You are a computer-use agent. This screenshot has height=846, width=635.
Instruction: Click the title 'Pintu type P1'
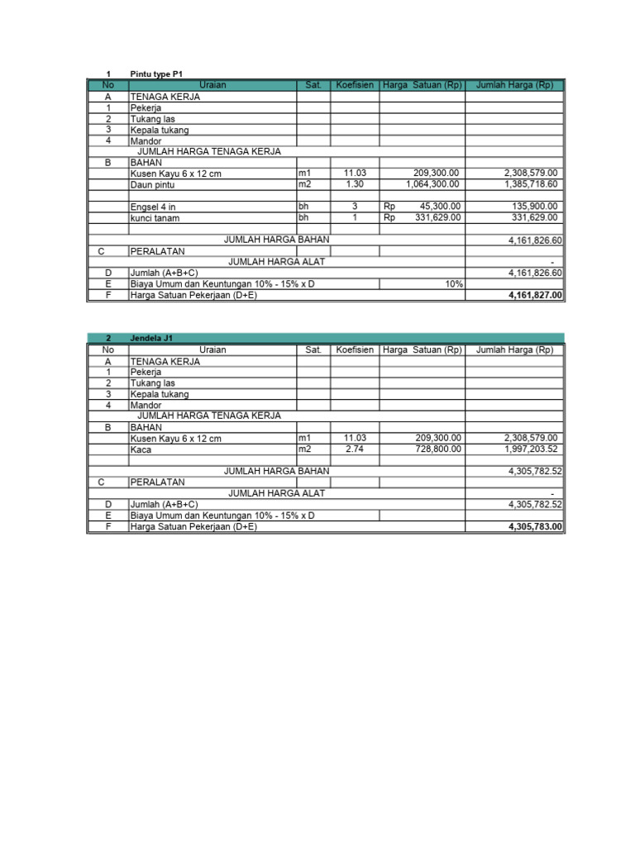(x=156, y=74)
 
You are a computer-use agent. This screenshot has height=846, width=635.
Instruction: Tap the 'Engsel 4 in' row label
(x=154, y=207)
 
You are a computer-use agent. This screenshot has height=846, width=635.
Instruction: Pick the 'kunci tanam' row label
(x=155, y=218)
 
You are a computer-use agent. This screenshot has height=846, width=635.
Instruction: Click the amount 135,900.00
(x=535, y=207)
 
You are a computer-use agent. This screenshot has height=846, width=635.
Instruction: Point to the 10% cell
(x=453, y=283)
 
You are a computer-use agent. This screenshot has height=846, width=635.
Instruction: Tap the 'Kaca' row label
(x=140, y=449)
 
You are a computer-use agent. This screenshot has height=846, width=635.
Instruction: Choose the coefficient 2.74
(x=355, y=449)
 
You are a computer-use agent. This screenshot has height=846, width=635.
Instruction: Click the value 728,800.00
(x=437, y=449)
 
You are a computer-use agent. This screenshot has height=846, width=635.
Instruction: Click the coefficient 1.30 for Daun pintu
(x=355, y=185)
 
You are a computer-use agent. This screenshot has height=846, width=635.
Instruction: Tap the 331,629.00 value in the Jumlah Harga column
(x=535, y=218)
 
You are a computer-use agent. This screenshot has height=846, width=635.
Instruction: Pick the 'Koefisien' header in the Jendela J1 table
(x=355, y=350)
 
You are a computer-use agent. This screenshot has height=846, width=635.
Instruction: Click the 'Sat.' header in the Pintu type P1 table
(x=313, y=85)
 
